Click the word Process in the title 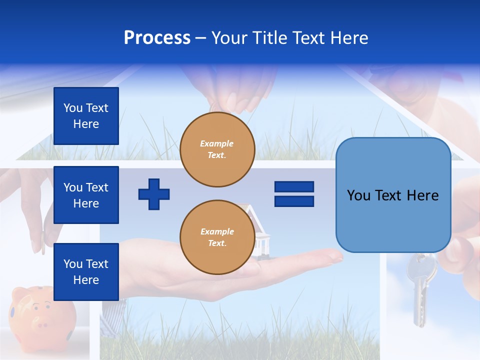pyautogui.click(x=157, y=37)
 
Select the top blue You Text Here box pyautogui.click(x=86, y=116)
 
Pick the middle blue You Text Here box pyautogui.click(x=86, y=195)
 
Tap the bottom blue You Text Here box pyautogui.click(x=86, y=271)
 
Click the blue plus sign pyautogui.click(x=154, y=194)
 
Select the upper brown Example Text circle pyautogui.click(x=217, y=149)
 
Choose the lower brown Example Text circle pyautogui.click(x=217, y=237)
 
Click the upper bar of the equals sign pyautogui.click(x=294, y=187)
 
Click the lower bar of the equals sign pyautogui.click(x=294, y=201)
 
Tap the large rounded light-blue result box pyautogui.click(x=393, y=195)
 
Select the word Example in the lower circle pyautogui.click(x=217, y=231)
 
